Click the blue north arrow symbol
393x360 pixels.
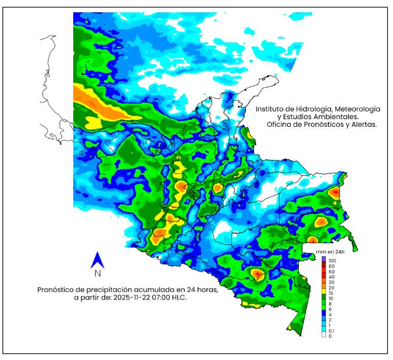click(98, 259)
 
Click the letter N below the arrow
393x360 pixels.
click(98, 273)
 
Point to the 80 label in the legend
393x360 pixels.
click(331, 266)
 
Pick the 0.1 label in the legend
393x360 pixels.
click(331, 330)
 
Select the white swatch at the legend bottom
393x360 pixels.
click(324, 336)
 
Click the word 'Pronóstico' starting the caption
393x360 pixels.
click(56, 289)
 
